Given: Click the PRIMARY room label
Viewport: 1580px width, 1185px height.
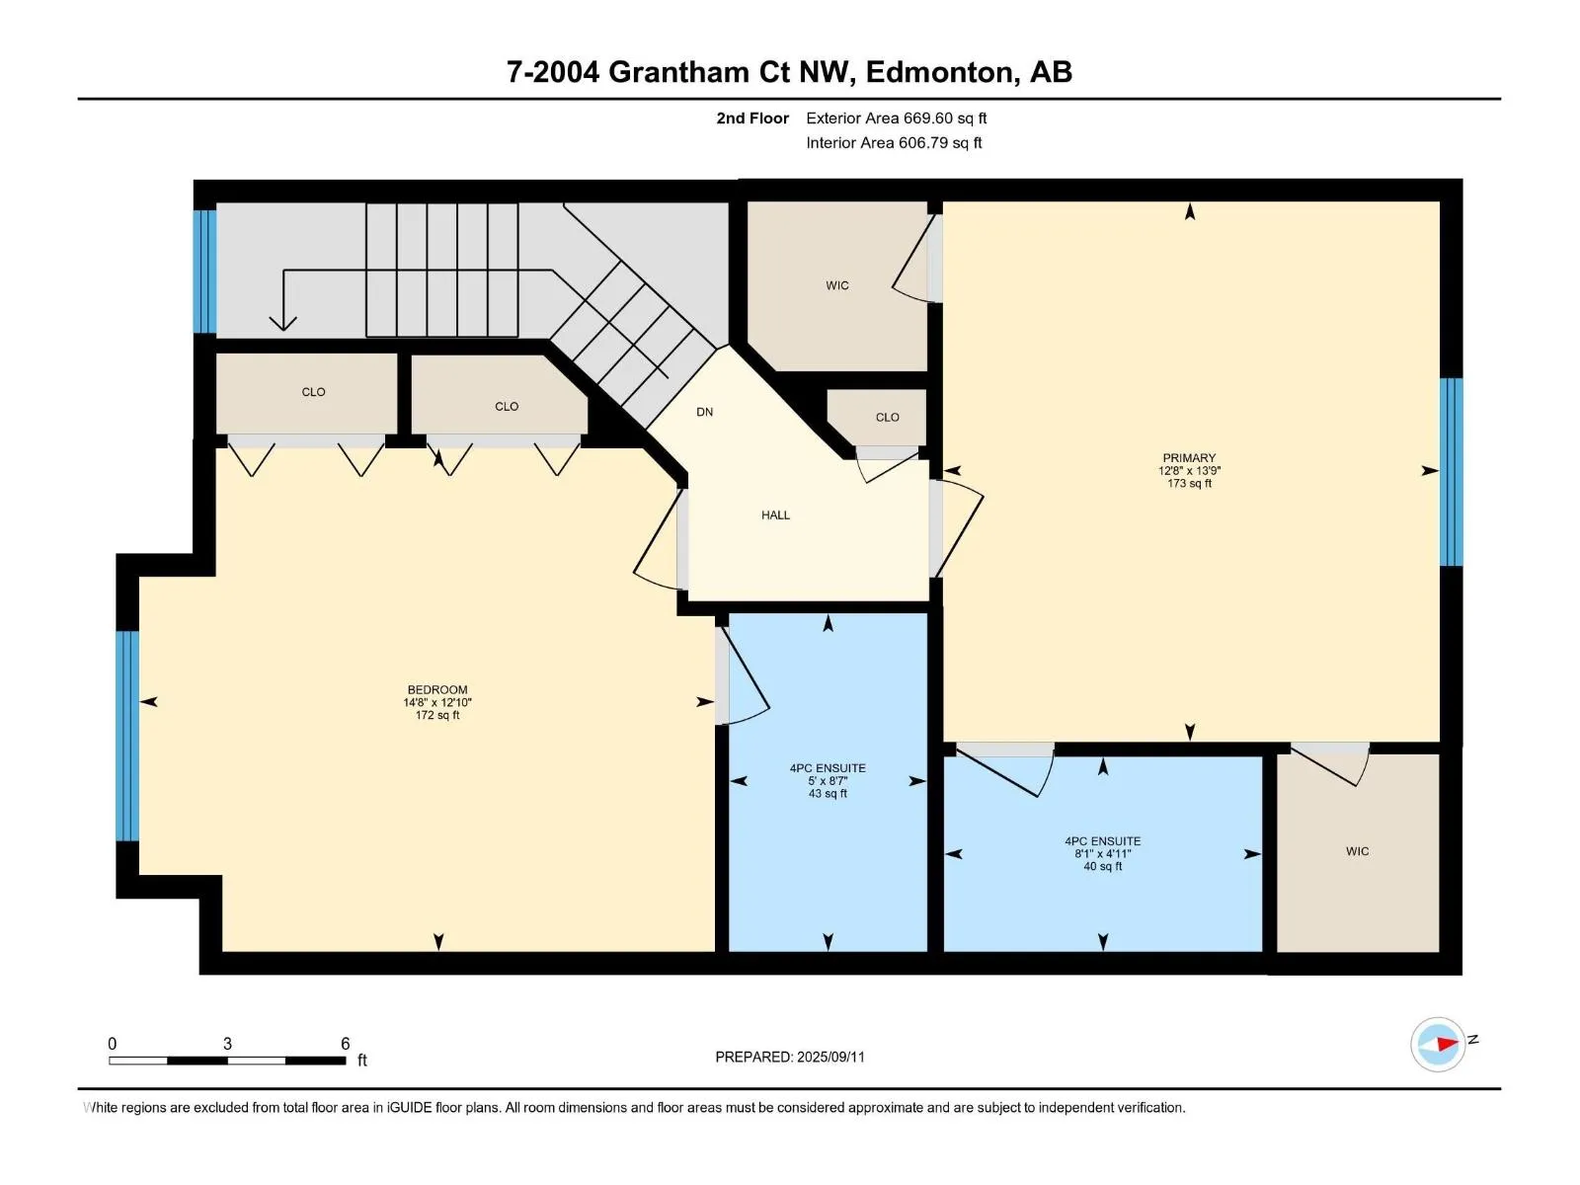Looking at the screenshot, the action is coord(1188,457).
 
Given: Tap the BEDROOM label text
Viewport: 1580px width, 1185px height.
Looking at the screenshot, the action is coord(436,689).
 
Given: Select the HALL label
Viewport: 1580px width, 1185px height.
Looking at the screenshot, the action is coord(775,515).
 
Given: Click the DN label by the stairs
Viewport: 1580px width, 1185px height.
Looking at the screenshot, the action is coord(704,412).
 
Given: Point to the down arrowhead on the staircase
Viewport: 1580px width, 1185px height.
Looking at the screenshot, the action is coord(282,323).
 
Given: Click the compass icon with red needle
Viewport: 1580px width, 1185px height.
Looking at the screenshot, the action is coord(1437,1044).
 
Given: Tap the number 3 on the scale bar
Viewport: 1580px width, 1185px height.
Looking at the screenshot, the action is coord(227,1043).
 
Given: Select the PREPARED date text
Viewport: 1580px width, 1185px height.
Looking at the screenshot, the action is coord(790,1057).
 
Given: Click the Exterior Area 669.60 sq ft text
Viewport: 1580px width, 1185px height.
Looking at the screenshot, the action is coord(897,118).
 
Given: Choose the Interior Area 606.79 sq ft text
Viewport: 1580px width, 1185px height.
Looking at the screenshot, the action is coord(894,142).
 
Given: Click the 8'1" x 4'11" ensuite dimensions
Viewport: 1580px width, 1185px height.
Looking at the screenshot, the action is coord(1103,854).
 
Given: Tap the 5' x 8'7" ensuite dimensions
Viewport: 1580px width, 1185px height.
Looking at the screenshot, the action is coord(828,781).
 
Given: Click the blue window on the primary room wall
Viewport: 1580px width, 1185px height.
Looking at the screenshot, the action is coord(1451,472).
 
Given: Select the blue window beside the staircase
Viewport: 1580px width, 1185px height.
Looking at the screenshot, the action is coord(205,272).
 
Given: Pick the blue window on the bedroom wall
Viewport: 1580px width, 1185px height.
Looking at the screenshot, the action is coord(127,736).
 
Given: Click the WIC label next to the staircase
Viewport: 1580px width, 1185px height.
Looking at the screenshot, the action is coord(837,285).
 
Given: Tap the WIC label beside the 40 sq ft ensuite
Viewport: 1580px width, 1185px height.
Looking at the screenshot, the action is coord(1357,851).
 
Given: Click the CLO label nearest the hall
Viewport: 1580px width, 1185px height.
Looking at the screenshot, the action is coord(887,418).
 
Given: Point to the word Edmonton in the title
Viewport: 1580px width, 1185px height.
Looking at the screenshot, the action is coord(941,72).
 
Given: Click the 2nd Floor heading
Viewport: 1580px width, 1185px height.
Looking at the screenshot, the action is coord(752,118).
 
